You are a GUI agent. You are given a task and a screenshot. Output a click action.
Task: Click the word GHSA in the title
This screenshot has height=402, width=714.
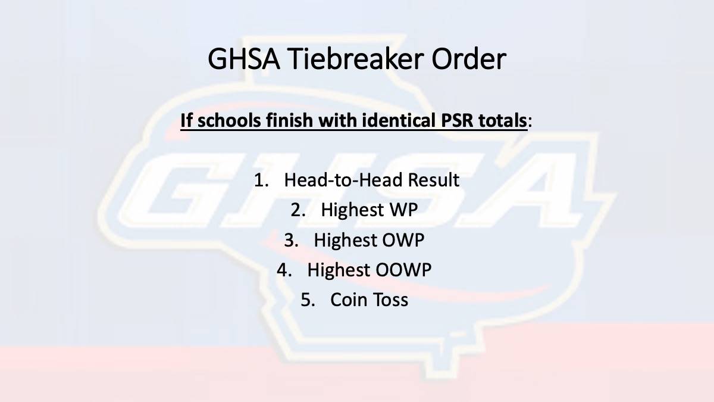pos(244,59)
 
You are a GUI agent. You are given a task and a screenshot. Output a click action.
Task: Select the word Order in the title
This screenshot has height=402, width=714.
pos(469,59)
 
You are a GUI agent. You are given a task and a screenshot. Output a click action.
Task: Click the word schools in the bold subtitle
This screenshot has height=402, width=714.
pos(228,120)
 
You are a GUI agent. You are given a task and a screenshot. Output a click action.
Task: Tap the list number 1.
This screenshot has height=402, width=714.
pos(261,180)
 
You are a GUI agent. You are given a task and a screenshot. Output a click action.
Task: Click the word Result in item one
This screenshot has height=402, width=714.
pos(434,180)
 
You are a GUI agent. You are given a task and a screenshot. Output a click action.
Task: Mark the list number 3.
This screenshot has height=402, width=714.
pos(291,240)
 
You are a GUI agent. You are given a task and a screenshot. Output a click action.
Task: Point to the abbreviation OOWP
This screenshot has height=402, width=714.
pos(403,270)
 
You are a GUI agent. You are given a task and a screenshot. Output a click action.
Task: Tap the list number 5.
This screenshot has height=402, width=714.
pos(308,300)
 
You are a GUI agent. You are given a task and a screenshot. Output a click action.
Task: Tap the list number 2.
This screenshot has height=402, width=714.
pos(298,210)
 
